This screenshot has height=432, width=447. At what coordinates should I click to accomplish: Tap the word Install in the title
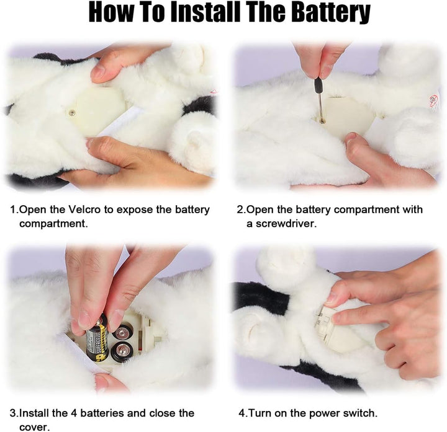(205, 12)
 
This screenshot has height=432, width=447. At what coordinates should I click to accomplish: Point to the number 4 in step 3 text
(73, 413)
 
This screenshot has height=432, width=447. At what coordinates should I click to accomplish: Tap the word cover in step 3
(33, 427)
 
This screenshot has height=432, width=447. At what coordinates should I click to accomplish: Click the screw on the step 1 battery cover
(72, 112)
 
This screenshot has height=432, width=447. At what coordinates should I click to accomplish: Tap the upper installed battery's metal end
(123, 332)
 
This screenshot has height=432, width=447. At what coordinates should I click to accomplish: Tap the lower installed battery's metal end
(122, 352)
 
